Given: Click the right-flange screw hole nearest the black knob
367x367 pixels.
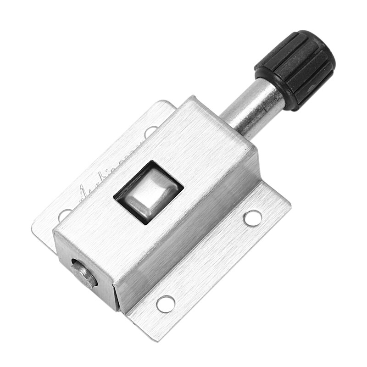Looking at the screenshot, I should [x=253, y=217].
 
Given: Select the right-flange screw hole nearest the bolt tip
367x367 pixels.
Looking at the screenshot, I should [x=165, y=303].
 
